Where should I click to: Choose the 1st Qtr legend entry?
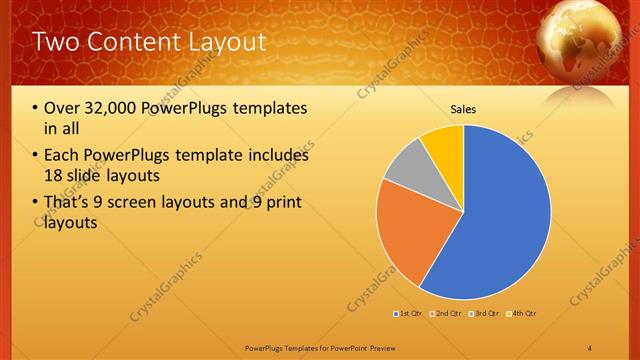click(409, 314)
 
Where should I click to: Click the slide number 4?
click(589, 347)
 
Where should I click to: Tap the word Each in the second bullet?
click(63, 156)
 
